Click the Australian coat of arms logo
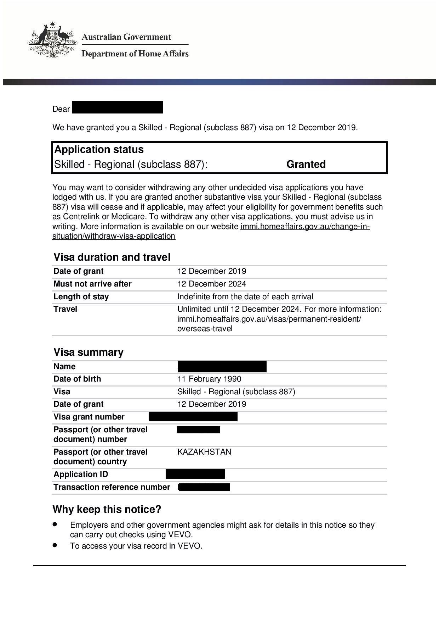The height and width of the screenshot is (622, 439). pyautogui.click(x=52, y=40)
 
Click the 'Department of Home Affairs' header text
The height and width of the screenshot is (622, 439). pyautogui.click(x=135, y=54)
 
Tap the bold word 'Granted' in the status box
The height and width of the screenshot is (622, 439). pyautogui.click(x=306, y=164)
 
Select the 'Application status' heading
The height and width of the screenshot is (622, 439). pyautogui.click(x=99, y=149)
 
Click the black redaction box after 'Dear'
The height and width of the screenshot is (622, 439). pyautogui.click(x=117, y=107)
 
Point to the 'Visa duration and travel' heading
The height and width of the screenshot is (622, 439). pyautogui.click(x=112, y=257)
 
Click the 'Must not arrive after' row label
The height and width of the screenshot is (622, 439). pyautogui.click(x=92, y=284)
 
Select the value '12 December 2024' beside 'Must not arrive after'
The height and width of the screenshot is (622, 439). pyautogui.click(x=212, y=284)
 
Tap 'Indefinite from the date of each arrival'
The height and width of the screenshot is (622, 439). pyautogui.click(x=245, y=296)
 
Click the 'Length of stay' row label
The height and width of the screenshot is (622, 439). pyautogui.click(x=81, y=296)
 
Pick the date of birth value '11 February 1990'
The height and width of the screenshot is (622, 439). pyautogui.click(x=209, y=379)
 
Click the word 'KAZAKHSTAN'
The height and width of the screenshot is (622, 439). pyautogui.click(x=204, y=452)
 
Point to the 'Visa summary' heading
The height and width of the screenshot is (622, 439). pyautogui.click(x=89, y=352)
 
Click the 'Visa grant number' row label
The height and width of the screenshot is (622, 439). pyautogui.click(x=89, y=417)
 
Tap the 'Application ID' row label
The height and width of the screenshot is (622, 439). pyautogui.click(x=81, y=474)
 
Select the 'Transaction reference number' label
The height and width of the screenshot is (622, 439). pyautogui.click(x=112, y=487)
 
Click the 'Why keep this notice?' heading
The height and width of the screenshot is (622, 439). pyautogui.click(x=107, y=509)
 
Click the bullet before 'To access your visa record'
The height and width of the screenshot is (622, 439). pyautogui.click(x=55, y=545)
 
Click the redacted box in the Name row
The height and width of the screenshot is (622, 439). pyautogui.click(x=222, y=366)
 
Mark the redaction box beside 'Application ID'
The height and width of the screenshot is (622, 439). pyautogui.click(x=195, y=474)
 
